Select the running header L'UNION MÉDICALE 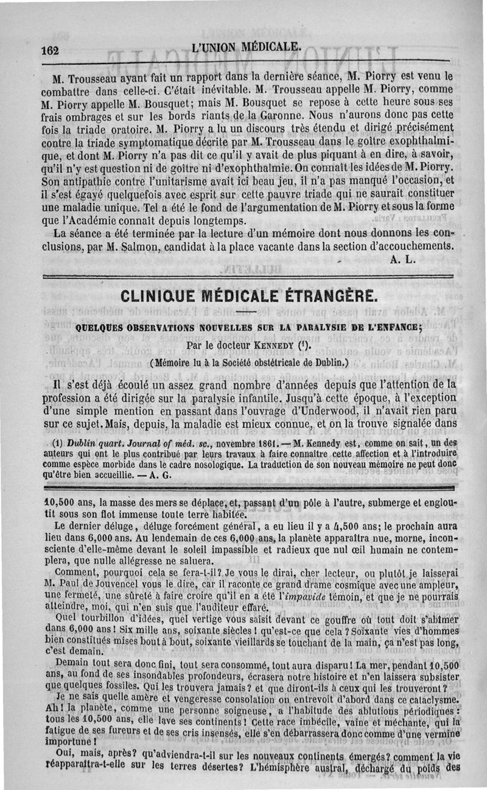click(245, 46)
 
